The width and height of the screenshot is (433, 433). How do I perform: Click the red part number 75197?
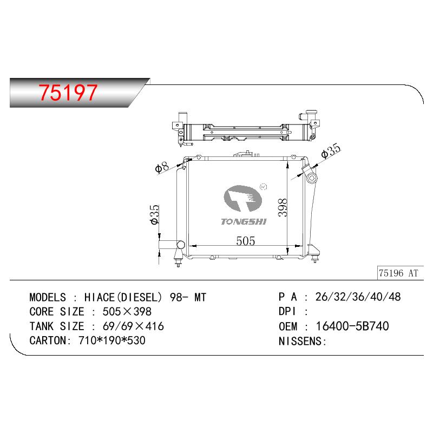(x=68, y=92)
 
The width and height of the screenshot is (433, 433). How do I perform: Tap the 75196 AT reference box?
(x=400, y=273)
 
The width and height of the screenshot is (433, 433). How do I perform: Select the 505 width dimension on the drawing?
(x=246, y=241)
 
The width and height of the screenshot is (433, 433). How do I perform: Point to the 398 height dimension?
(x=283, y=207)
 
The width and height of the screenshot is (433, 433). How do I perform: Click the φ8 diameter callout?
(x=162, y=167)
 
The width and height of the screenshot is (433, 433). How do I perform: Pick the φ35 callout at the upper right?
(x=331, y=151)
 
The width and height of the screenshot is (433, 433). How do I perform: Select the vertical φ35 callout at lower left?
(x=154, y=214)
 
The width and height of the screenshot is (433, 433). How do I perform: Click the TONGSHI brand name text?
(x=244, y=222)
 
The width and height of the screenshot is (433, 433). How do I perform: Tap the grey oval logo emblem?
(x=242, y=198)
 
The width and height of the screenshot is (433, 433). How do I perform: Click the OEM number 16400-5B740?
(x=352, y=326)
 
